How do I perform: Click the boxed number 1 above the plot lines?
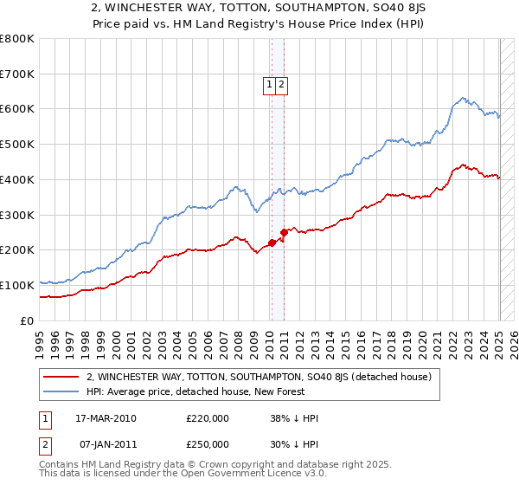pyautogui.click(x=270, y=84)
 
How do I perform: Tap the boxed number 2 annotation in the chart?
pyautogui.click(x=282, y=84)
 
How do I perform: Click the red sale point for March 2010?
pyautogui.click(x=272, y=242)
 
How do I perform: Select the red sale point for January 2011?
pyautogui.click(x=284, y=232)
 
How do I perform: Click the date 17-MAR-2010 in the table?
pyautogui.click(x=106, y=418)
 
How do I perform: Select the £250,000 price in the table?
pyautogui.click(x=208, y=444)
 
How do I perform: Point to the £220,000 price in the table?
pyautogui.click(x=208, y=418)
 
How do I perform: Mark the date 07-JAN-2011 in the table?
pyautogui.click(x=106, y=444)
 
